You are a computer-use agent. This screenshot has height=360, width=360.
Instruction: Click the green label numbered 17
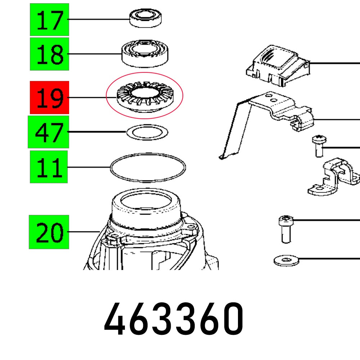pos(49,20)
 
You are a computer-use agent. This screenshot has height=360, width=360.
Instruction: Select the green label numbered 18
pos(49,54)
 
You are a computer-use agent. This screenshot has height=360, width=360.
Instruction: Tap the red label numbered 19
pos(49,98)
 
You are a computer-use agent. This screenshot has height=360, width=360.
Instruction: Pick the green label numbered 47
pos(48,132)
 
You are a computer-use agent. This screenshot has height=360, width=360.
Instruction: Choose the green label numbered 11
pos(49,167)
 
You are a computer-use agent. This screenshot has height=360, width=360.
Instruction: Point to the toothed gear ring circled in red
pos(144,98)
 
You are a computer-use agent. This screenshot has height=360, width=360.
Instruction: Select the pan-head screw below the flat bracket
pos(318,146)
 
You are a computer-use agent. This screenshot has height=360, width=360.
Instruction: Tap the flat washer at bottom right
pos(287,260)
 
